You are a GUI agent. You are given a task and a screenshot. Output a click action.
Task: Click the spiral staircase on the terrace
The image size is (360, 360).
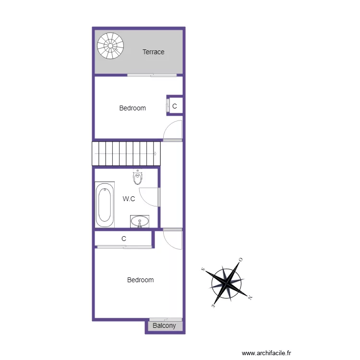click(x=110, y=46)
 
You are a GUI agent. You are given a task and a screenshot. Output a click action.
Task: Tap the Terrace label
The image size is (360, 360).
click(x=154, y=52)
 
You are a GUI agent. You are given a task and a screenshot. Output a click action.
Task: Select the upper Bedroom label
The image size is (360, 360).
click(x=132, y=108)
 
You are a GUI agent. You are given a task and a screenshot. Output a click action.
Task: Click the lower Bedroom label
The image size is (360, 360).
click(x=140, y=280)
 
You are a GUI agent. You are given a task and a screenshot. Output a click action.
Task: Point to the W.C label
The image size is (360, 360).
click(x=129, y=198)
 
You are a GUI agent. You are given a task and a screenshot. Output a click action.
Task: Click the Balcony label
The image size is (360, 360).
click(x=164, y=326)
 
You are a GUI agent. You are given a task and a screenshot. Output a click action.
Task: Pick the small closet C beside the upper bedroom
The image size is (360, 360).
click(x=174, y=106)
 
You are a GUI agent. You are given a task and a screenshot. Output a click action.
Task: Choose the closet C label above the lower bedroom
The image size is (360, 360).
click(x=124, y=239)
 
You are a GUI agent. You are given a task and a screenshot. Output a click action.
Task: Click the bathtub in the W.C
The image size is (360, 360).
click(x=105, y=205)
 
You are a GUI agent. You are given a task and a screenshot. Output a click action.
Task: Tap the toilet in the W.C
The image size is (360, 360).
click(x=138, y=178)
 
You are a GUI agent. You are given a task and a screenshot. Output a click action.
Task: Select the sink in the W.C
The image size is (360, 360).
click(x=140, y=221)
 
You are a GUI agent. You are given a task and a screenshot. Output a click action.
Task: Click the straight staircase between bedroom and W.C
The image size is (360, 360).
click(x=126, y=153)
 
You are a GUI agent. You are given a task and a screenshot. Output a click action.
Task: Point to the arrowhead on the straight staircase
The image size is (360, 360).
click(x=155, y=153)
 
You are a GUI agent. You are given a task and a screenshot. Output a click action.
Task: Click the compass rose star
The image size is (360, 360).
click(x=227, y=282)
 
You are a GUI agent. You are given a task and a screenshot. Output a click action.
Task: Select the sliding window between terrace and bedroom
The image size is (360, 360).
click(x=152, y=75)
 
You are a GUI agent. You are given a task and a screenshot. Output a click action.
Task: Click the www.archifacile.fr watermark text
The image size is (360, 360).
click(x=266, y=353)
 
